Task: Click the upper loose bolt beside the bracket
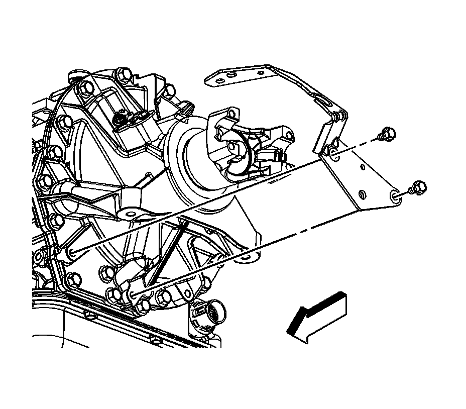click(x=387, y=134)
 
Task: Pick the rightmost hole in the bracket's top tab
click(x=231, y=76)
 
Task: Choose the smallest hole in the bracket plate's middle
click(x=362, y=193)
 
